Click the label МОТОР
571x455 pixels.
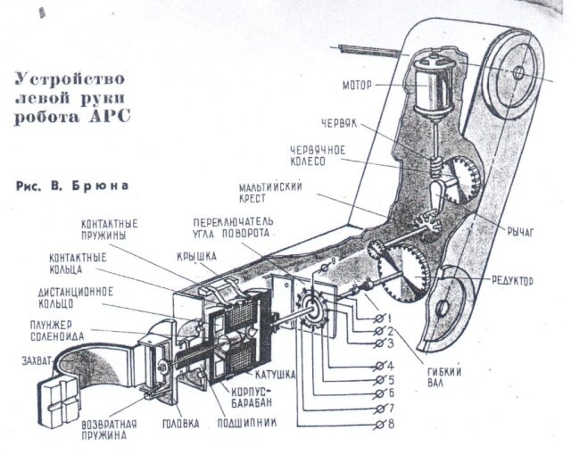(357, 86)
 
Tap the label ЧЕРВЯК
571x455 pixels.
(339, 123)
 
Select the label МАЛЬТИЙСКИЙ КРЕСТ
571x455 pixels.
(270, 193)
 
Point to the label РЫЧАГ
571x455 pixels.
(520, 231)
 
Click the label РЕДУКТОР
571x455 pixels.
(512, 281)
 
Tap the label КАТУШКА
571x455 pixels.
(275, 375)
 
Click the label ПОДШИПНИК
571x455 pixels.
(247, 423)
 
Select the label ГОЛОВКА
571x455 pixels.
(180, 424)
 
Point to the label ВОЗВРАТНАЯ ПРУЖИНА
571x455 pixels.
(109, 430)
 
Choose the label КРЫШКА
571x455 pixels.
(196, 256)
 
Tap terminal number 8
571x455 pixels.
(385, 425)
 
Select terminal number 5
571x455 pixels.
(385, 380)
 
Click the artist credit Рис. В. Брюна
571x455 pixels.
(72, 186)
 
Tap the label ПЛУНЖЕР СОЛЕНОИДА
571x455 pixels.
(57, 330)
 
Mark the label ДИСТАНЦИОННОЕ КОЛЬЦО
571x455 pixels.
(76, 297)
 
